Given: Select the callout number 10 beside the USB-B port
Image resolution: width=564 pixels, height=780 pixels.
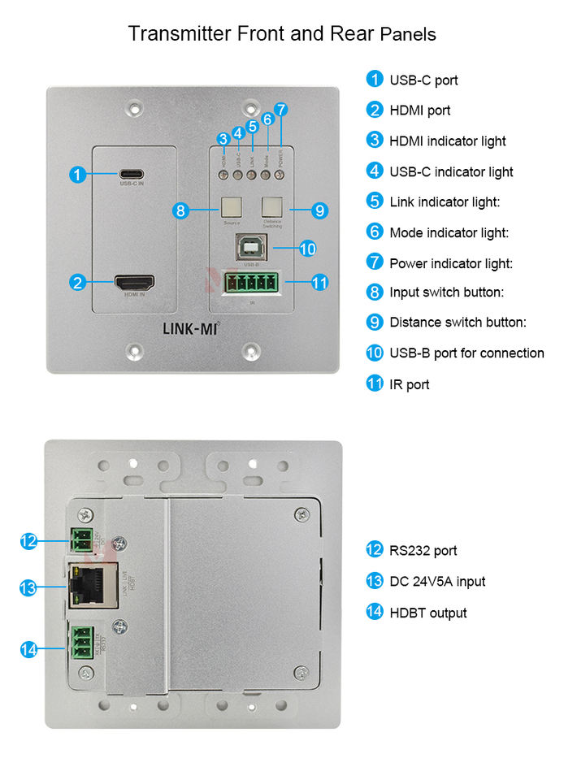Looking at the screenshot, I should coord(306,249).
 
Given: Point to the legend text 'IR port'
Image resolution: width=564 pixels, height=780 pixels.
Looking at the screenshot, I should coord(409,384).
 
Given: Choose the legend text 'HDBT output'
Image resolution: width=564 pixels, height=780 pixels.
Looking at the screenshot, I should coord(427,613).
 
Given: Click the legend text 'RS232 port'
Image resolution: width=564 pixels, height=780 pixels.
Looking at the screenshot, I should coord(423,551).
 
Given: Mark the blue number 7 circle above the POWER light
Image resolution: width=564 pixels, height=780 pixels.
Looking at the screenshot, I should coord(281,109).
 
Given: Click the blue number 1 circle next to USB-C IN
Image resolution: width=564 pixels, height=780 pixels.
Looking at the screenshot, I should coord(77,174).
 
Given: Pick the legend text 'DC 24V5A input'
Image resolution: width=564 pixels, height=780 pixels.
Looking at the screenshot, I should coord(437,582).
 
